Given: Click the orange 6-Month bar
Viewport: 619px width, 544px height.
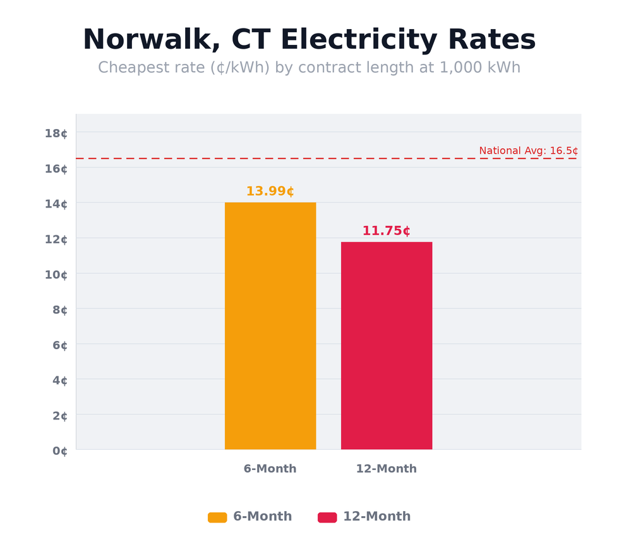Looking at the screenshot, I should point(270,326).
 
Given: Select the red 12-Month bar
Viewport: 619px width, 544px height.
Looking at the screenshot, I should point(387,345).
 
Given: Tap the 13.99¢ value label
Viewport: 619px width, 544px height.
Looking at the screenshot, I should point(270,192).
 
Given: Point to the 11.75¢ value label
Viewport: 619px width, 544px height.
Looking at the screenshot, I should point(386,232).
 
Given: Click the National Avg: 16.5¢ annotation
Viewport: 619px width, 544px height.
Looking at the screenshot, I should point(528,151).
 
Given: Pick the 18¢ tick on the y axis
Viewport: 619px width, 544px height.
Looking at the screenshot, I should point(56,133).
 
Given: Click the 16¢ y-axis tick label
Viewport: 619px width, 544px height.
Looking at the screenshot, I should point(56,168).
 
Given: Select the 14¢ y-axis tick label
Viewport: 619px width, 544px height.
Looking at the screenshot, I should point(56,204).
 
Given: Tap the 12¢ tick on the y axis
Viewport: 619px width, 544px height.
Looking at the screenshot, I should point(56,239).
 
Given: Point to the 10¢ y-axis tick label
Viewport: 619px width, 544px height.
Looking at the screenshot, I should point(56,275).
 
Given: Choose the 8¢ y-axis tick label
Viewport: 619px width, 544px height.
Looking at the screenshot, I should point(59,310).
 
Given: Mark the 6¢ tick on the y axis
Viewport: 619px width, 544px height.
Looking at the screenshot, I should point(59,345).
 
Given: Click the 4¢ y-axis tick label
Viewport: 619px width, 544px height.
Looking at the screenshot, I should point(59,381).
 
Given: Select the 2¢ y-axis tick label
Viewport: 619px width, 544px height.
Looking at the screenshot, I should point(59,416).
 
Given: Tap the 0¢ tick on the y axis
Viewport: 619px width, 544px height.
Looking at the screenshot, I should point(59,451).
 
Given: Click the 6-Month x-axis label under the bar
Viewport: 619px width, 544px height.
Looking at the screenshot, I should point(270,469).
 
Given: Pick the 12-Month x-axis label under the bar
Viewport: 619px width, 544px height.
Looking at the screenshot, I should point(386,469).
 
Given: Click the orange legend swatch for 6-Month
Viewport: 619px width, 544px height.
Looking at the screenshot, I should point(217,517).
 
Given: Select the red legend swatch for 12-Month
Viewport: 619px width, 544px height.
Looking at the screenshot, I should point(327,517).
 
